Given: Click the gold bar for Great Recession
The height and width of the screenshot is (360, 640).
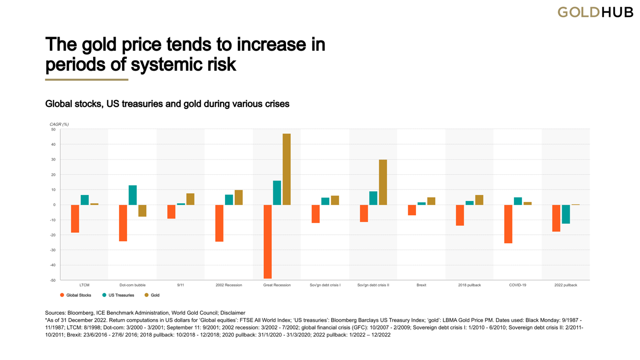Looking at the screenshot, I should click(x=287, y=169).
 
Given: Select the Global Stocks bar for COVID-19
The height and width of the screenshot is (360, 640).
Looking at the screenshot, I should click(x=508, y=224).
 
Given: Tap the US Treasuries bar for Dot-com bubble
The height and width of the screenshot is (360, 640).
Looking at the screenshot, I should click(x=132, y=195).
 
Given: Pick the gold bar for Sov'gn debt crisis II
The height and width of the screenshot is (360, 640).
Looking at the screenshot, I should click(x=383, y=182).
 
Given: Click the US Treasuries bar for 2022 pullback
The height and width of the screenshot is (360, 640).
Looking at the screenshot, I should click(x=566, y=214).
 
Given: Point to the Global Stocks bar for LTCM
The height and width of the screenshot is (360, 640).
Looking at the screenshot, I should click(x=75, y=219).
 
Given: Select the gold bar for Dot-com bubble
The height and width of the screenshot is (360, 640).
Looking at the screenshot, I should click(x=142, y=211).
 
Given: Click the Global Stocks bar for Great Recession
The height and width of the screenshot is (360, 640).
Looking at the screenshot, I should click(x=267, y=241).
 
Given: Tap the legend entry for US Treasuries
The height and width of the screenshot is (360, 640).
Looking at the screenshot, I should click(x=118, y=295).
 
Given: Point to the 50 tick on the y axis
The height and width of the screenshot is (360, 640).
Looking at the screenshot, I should click(x=53, y=130).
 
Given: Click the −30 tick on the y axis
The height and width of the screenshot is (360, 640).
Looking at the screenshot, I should click(x=52, y=250).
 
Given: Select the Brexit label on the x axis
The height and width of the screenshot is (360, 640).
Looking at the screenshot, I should click(x=421, y=285).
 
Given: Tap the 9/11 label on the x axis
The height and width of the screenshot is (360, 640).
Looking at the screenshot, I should click(x=181, y=285).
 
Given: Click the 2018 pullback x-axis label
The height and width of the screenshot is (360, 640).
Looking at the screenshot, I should click(x=469, y=285).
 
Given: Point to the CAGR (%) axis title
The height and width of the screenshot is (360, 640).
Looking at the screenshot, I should click(x=59, y=124).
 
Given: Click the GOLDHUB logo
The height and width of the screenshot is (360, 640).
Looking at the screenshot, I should click(x=595, y=12).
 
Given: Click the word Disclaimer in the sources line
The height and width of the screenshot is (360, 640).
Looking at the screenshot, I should click(x=233, y=313).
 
